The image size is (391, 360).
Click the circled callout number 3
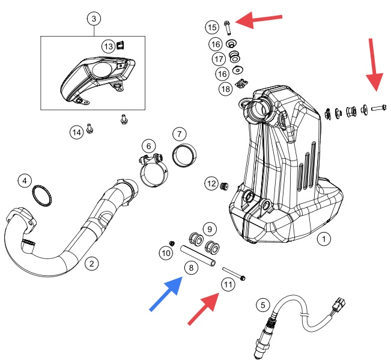pos(94,19)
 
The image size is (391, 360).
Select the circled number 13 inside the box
pos(109,46)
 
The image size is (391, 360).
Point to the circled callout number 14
pos(76,132)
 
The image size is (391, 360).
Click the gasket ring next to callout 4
pos(42,196)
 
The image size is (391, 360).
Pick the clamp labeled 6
pos(153,170)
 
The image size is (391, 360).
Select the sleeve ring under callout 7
pos(184,155)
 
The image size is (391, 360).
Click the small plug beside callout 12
pos(224,186)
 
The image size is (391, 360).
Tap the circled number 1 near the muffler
pos(324,239)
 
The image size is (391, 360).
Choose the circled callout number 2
pos(92,263)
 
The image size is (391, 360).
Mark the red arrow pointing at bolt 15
pos(259,20)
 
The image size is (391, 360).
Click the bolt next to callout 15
pos(228,28)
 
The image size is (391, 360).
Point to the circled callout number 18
pos(225,89)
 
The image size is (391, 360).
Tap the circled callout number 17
pos(219,59)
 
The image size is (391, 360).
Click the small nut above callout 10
pos(172,243)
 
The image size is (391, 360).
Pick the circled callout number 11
pos(228,284)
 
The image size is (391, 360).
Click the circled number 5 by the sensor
pos(263,305)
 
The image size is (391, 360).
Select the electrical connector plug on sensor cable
pos(339,304)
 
